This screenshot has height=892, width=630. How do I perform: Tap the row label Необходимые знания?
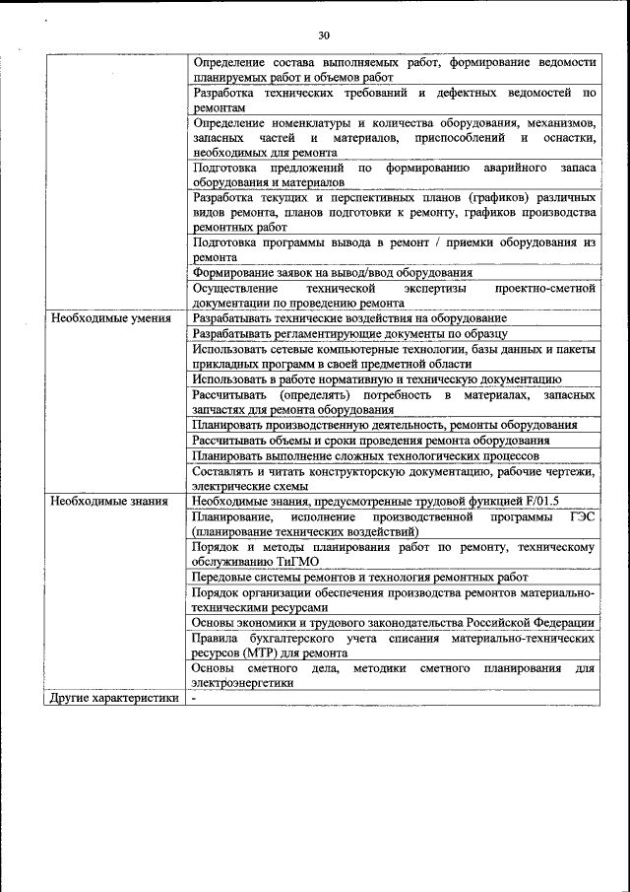click(100, 501)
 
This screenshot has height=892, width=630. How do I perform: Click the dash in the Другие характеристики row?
click(195, 698)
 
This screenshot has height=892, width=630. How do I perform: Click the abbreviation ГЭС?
click(582, 516)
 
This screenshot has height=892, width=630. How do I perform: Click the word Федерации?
click(561, 623)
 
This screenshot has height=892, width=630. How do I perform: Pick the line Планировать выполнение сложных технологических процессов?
click(365, 455)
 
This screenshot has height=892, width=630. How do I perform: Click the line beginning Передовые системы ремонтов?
click(360, 577)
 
